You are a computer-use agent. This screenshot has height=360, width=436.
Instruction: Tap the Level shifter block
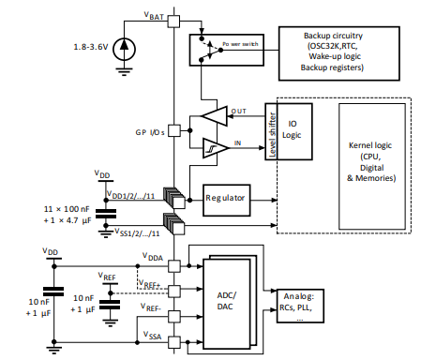click(x=272, y=130)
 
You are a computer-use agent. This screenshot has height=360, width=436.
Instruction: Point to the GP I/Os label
click(x=149, y=133)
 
